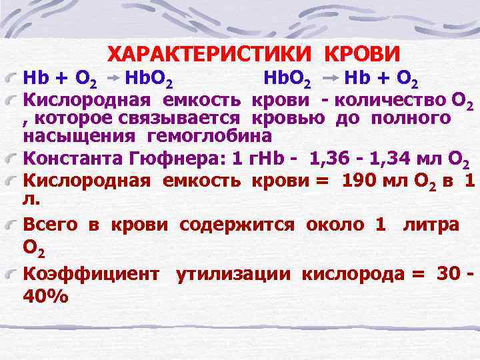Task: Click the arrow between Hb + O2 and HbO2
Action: coord(113,79)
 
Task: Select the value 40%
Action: coord(46,295)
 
